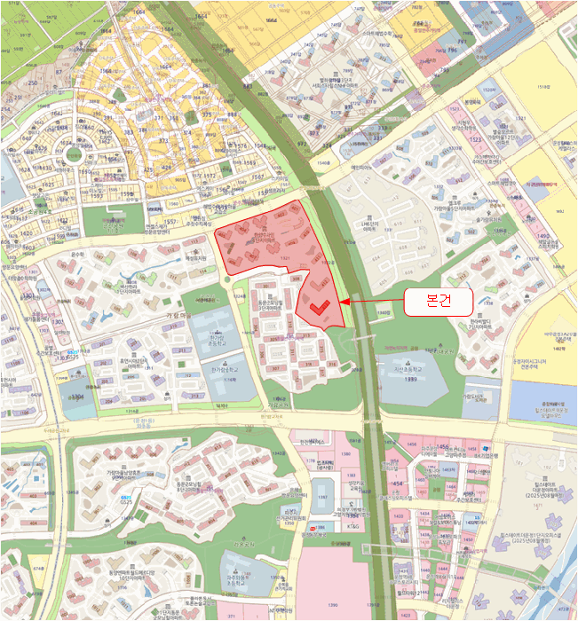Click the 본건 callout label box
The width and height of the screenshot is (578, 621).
click(x=439, y=302)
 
